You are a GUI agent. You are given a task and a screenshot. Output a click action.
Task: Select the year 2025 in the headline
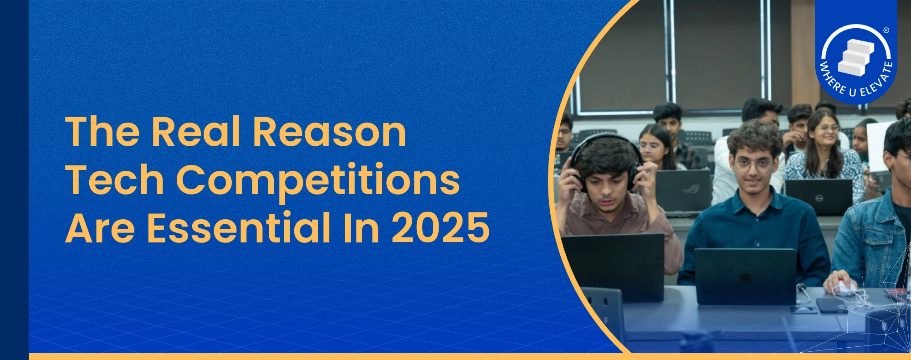[x=440, y=227]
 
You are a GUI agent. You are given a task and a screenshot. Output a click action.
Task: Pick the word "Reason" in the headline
[x=329, y=132]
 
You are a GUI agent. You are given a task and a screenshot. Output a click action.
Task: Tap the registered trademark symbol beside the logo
[x=886, y=31]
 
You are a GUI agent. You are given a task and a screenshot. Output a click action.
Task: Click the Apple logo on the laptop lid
[x=745, y=277]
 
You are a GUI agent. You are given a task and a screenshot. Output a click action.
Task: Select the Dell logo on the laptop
[x=819, y=198]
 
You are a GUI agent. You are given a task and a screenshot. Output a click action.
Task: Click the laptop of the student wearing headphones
[x=613, y=267]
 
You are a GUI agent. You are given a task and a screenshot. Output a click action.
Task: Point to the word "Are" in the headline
[x=100, y=227]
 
